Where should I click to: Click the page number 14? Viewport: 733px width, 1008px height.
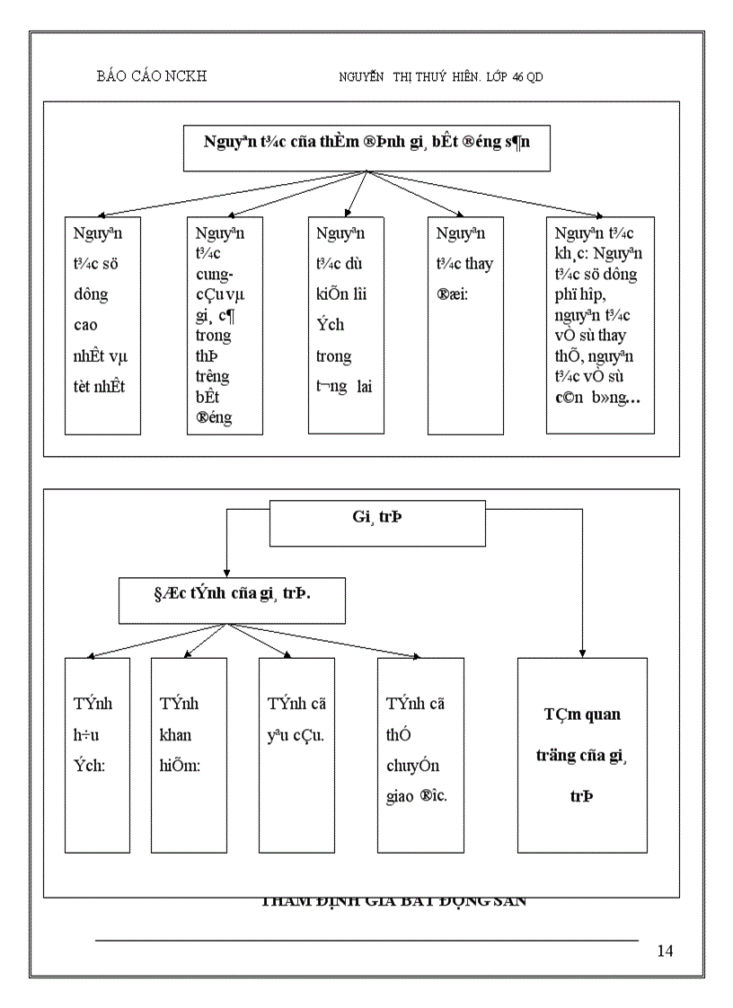tap(665, 951)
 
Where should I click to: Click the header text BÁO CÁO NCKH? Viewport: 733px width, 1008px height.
tap(151, 76)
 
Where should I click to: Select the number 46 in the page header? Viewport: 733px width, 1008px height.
tap(518, 77)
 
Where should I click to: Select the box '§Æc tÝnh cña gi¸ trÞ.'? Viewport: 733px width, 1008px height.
tap(232, 600)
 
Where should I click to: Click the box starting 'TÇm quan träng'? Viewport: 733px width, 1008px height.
tap(582, 755)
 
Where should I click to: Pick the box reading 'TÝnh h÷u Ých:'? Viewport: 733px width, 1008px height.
tap(97, 755)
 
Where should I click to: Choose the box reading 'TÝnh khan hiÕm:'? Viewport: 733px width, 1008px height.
tap(188, 755)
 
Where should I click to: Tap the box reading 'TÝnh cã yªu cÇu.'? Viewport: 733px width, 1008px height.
tap(296, 755)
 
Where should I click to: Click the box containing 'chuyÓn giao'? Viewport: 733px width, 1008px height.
tap(420, 755)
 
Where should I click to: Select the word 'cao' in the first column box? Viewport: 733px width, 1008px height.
tap(85, 325)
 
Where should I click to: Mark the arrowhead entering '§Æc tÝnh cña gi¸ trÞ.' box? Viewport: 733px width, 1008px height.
tap(226, 572)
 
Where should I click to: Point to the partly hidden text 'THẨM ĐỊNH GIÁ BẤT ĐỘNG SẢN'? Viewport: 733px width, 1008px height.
tap(393, 902)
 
